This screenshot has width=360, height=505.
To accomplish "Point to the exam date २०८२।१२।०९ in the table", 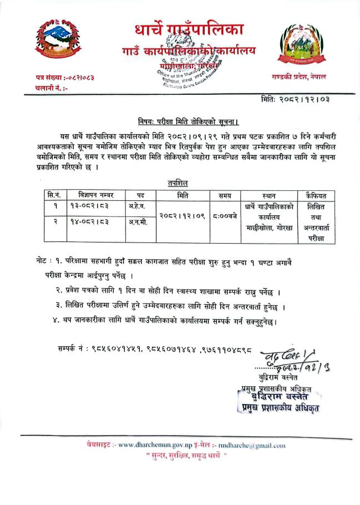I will pyautogui.click(x=183, y=215).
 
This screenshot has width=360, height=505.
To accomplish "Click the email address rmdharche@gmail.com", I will pyautogui.click(x=255, y=445).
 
